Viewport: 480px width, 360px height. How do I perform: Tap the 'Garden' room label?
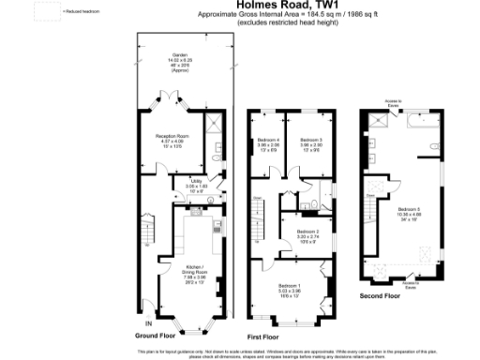click(x=178, y=55)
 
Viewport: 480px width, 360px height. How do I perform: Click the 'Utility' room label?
click(x=197, y=181)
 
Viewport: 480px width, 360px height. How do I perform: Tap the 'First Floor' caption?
click(x=264, y=335)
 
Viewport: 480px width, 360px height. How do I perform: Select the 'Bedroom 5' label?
click(x=410, y=209)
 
